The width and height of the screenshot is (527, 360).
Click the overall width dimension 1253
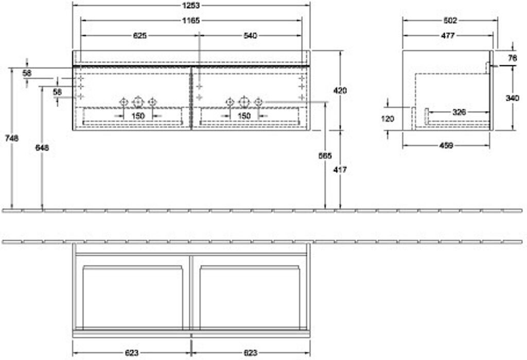[191, 6]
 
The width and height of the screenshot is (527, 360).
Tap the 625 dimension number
[140, 35]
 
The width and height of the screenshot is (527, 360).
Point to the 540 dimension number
[250, 35]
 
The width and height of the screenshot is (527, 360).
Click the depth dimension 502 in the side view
[450, 21]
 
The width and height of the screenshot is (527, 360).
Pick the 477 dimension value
[447, 35]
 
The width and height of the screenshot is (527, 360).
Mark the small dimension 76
[512, 58]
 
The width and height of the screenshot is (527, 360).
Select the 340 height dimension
[512, 98]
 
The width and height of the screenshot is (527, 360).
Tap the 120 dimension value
[388, 119]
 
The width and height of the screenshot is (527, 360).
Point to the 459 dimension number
[447, 146]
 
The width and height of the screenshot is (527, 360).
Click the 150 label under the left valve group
[137, 116]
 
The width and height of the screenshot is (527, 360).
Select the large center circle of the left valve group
[137, 102]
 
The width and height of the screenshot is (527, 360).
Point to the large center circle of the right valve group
[243, 102]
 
